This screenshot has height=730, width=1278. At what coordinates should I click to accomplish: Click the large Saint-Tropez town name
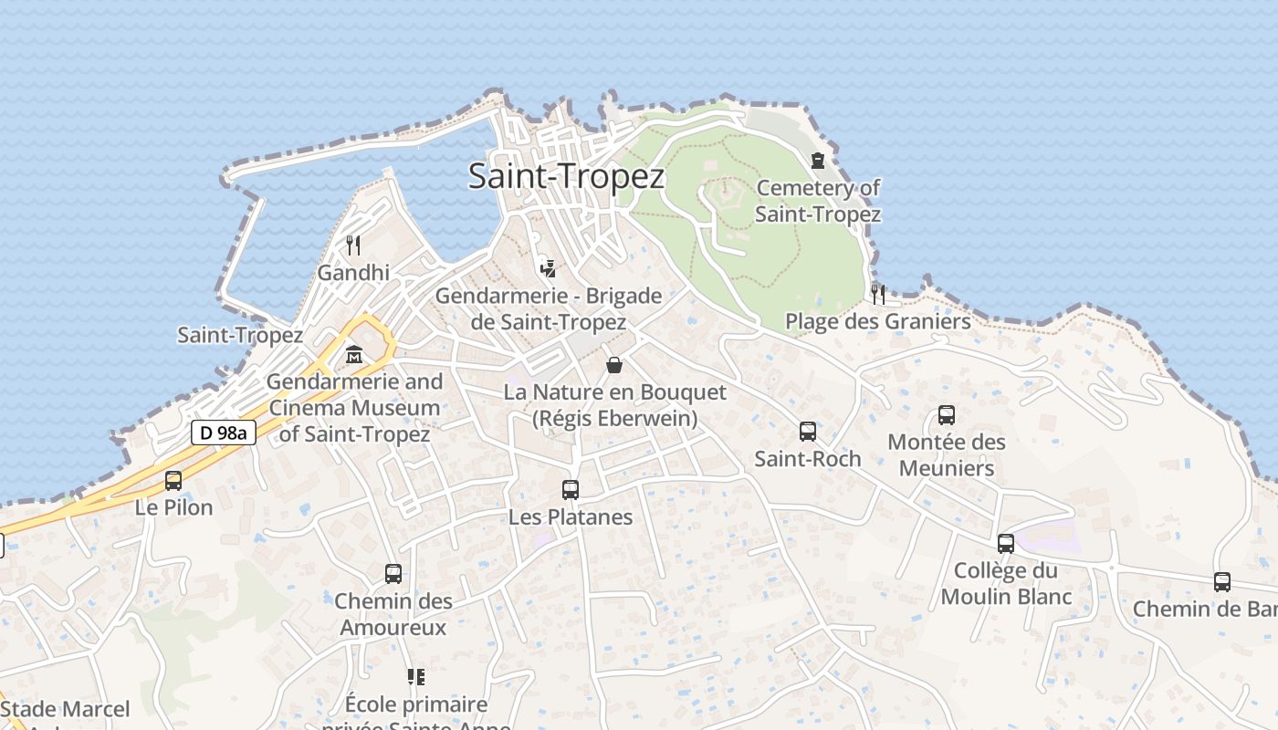click(x=566, y=175)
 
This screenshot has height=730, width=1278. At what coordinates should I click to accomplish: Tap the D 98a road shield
click(x=223, y=433)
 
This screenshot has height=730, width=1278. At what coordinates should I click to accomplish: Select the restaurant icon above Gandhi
click(x=353, y=245)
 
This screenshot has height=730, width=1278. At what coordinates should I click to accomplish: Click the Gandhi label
click(x=353, y=272)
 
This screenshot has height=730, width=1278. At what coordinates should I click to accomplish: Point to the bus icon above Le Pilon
click(x=173, y=480)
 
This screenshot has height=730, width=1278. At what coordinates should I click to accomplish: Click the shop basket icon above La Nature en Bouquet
click(x=615, y=365)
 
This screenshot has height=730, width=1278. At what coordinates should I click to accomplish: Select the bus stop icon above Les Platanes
click(x=571, y=489)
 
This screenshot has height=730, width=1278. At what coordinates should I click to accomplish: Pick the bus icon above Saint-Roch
click(x=808, y=431)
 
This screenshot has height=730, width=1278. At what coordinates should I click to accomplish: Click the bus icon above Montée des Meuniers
click(x=947, y=415)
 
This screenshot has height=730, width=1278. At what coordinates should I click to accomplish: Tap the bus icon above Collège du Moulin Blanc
click(x=1006, y=543)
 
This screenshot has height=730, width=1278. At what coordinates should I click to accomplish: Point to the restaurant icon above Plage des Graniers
click(x=878, y=294)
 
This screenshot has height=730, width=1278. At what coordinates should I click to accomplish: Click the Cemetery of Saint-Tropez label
click(x=818, y=201)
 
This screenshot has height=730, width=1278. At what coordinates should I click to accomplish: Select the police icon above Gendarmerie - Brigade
click(x=548, y=268)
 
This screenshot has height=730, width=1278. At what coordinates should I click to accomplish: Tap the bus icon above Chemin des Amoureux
click(x=393, y=573)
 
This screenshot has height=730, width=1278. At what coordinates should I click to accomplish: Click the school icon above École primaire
click(x=416, y=676)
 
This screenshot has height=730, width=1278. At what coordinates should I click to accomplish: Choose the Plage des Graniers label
click(x=878, y=321)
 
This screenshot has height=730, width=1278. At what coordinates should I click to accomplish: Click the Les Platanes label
click(x=571, y=516)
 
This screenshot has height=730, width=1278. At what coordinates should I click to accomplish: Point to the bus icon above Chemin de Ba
click(x=1222, y=581)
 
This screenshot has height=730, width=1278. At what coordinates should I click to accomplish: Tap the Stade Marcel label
click(x=66, y=709)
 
